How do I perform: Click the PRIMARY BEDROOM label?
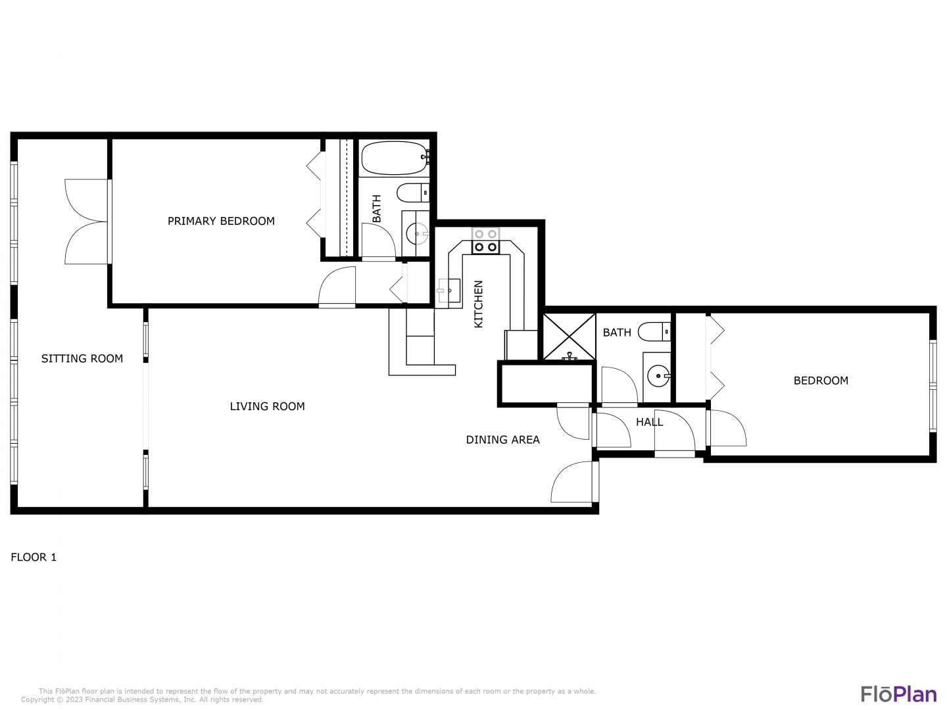click(221, 221)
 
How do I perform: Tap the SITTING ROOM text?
click(82, 359)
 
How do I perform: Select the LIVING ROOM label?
click(267, 406)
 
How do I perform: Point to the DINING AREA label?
click(502, 440)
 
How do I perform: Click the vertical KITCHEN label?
click(479, 304)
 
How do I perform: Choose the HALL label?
click(649, 422)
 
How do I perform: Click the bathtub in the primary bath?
click(395, 158)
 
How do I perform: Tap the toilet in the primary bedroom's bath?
click(413, 193)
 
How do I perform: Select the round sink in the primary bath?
click(417, 233)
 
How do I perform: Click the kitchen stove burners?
click(485, 241)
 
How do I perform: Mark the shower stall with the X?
click(569, 337)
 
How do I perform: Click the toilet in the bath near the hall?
click(654, 332)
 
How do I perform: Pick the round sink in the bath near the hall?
click(659, 376)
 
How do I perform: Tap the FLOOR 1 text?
click(34, 557)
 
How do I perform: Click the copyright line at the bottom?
click(142, 699)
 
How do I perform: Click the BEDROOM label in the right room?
click(821, 381)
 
